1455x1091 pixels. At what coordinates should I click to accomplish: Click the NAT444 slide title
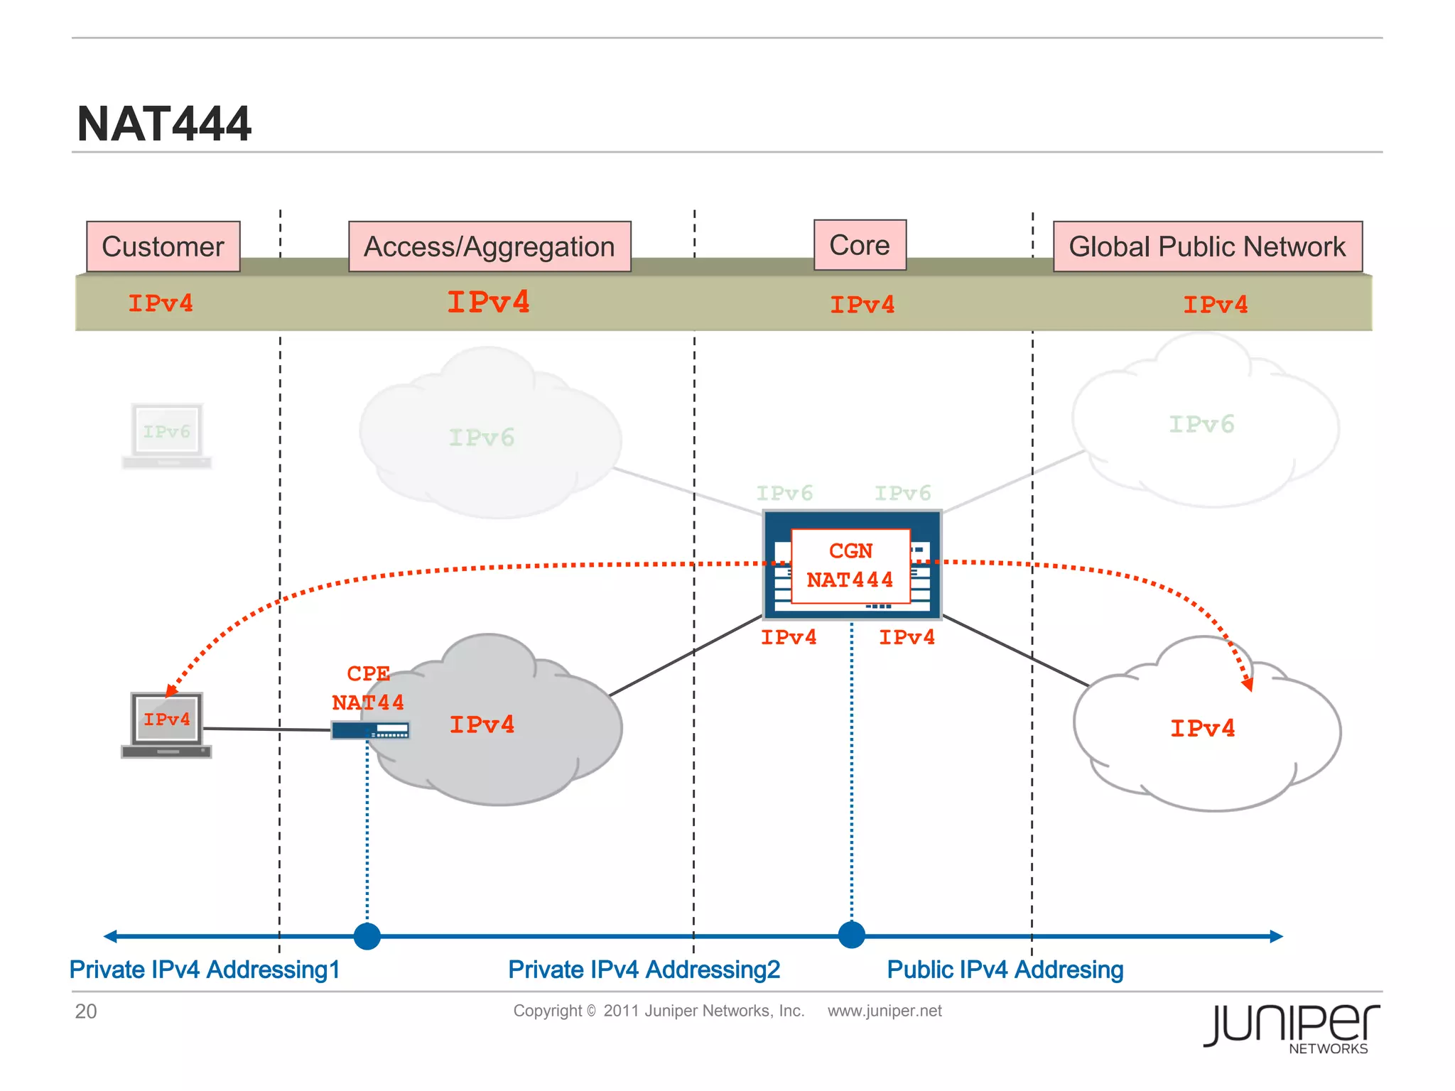tap(164, 124)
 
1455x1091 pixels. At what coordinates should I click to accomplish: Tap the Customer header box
tap(163, 246)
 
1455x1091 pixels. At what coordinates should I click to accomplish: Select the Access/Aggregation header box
tap(489, 246)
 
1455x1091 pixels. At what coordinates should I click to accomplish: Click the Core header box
tap(860, 245)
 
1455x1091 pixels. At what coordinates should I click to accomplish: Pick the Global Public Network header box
tap(1207, 246)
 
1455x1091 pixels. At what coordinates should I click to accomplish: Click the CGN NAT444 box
tap(850, 566)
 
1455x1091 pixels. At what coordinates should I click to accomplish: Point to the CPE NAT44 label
tap(368, 688)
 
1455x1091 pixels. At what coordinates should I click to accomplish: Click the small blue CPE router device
tap(370, 730)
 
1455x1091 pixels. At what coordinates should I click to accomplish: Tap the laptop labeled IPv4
tap(166, 724)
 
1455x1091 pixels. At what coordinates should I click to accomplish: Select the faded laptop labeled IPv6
tap(166, 435)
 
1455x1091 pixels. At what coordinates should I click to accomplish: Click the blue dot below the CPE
tap(367, 936)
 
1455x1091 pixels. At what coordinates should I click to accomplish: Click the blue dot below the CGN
tap(852, 935)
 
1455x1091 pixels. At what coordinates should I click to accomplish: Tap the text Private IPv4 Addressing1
tap(205, 970)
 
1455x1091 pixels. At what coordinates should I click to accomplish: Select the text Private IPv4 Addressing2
tap(644, 970)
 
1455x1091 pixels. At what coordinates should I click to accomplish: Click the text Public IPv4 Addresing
tap(1005, 970)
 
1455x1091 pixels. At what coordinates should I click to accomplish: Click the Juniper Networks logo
tap(1292, 1028)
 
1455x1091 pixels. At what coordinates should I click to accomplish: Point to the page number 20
tap(86, 1011)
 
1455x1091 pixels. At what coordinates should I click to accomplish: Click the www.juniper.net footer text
tap(885, 1011)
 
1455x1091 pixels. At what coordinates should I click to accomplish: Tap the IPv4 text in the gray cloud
tap(482, 724)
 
